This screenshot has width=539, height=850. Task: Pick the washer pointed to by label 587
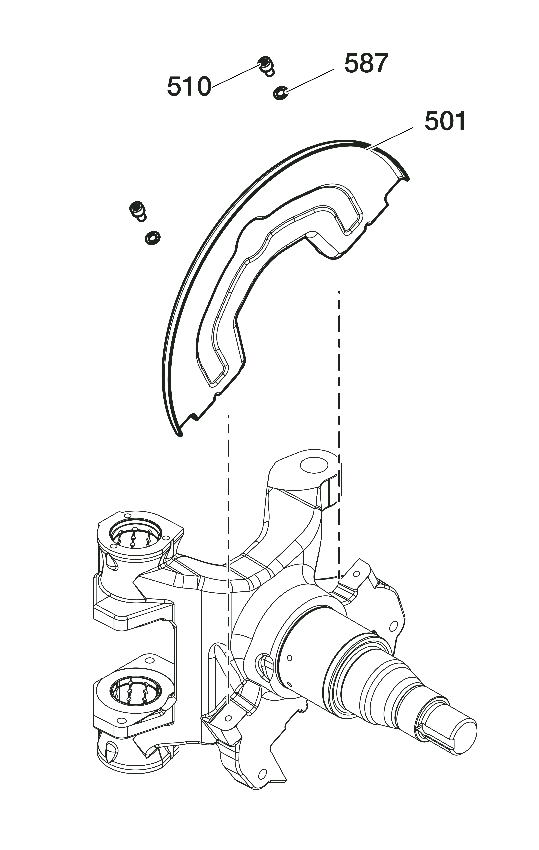coord(280,93)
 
